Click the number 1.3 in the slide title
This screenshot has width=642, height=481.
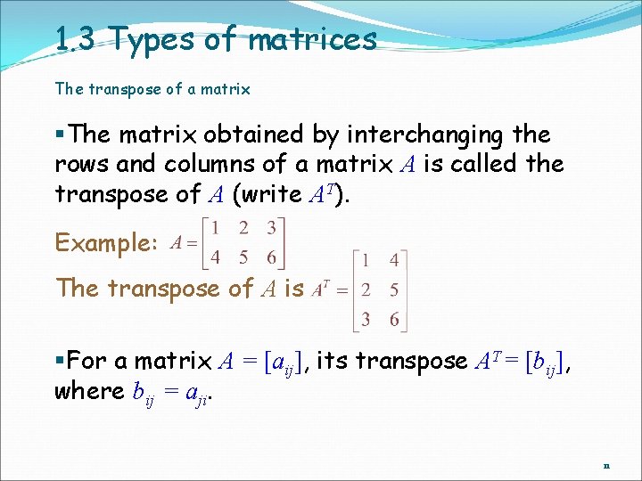[75, 39]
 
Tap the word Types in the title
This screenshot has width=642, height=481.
[148, 40]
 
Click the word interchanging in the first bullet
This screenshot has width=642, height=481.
[422, 135]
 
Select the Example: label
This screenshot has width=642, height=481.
[107, 242]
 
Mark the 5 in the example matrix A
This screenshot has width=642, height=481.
[243, 257]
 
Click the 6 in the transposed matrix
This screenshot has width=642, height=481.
[394, 320]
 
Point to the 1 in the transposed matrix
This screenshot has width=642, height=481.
[364, 261]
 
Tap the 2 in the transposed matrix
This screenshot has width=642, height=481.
[365, 290]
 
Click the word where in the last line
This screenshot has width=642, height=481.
[86, 391]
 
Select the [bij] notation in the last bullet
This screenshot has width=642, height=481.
[549, 362]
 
